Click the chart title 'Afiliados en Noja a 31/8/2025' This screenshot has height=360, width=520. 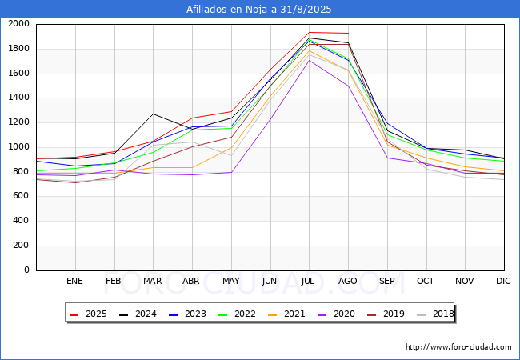pos(258,10)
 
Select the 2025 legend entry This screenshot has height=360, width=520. pos(88,314)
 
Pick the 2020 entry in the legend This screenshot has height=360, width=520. pos(336,314)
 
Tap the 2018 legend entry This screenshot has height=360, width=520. pos(435,314)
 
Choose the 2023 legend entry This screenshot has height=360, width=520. pos(187,314)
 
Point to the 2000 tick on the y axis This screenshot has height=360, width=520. pos(18,24)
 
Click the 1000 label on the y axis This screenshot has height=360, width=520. pos(18,147)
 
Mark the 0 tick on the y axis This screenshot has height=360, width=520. pos(27,270)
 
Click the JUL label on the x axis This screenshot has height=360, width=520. pos(308,281)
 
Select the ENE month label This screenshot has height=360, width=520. pos(74,281)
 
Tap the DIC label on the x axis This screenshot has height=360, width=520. pos(503,281)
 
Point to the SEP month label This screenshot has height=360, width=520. pos(386,281)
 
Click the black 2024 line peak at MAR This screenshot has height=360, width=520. pos(154,114)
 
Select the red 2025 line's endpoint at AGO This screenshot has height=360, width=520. pos(348,33)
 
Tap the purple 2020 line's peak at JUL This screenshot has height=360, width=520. pos(310,60)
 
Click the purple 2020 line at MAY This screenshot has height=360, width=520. pos(231,172)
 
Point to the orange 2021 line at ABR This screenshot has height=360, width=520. pos(192,167)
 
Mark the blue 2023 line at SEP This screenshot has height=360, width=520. pos(388,124)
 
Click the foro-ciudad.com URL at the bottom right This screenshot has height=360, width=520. pos(458,347)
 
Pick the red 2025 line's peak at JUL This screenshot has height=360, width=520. pos(310,33)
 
